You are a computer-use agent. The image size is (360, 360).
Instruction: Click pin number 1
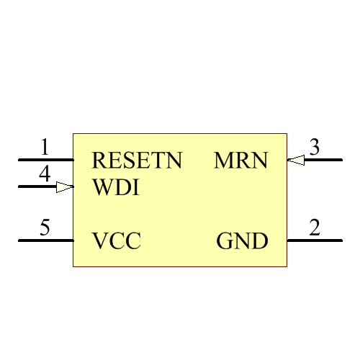pyautogui.click(x=45, y=148)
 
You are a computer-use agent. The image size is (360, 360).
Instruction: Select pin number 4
pyautogui.click(x=45, y=174)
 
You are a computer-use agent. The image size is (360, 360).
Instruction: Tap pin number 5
pyautogui.click(x=45, y=229)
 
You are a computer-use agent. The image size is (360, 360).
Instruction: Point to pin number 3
pyautogui.click(x=315, y=147)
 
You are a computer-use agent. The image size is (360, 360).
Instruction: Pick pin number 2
pyautogui.click(x=315, y=228)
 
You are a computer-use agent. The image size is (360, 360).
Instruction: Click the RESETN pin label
pyautogui.click(x=137, y=161)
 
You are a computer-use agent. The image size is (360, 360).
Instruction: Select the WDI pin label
pyautogui.click(x=116, y=188)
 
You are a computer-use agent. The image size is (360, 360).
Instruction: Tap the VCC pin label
pyautogui.click(x=117, y=241)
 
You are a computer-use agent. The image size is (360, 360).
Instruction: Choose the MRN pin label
pyautogui.click(x=240, y=161)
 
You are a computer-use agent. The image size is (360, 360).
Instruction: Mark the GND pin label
pyautogui.click(x=242, y=241)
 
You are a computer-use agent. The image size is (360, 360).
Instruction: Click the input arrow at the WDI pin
pyautogui.click(x=65, y=187)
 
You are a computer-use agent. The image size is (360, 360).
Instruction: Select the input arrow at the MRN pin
pyautogui.click(x=296, y=160)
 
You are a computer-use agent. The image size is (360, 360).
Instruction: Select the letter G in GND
pyautogui.click(x=225, y=241)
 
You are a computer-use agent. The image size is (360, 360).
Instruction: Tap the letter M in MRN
pyautogui.click(x=222, y=161)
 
